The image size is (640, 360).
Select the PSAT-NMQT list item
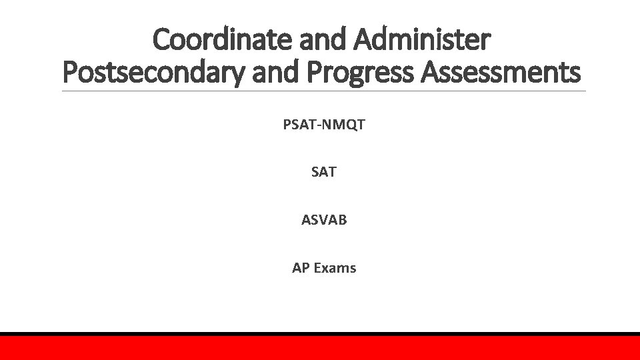323,124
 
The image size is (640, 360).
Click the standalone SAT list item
324,172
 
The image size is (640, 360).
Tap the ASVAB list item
324,220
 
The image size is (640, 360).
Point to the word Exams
335,268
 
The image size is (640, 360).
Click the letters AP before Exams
300,268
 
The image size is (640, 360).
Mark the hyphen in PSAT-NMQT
316,125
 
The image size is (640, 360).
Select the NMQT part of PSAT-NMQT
341,124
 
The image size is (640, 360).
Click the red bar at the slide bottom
320,348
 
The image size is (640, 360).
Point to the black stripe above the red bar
320,334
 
